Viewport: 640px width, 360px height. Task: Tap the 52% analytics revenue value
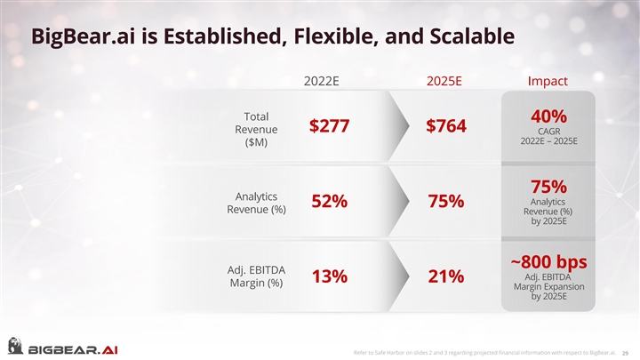pos(329,203)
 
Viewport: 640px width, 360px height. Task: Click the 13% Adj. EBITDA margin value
pos(329,277)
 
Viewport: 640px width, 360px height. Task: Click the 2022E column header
pos(322,81)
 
